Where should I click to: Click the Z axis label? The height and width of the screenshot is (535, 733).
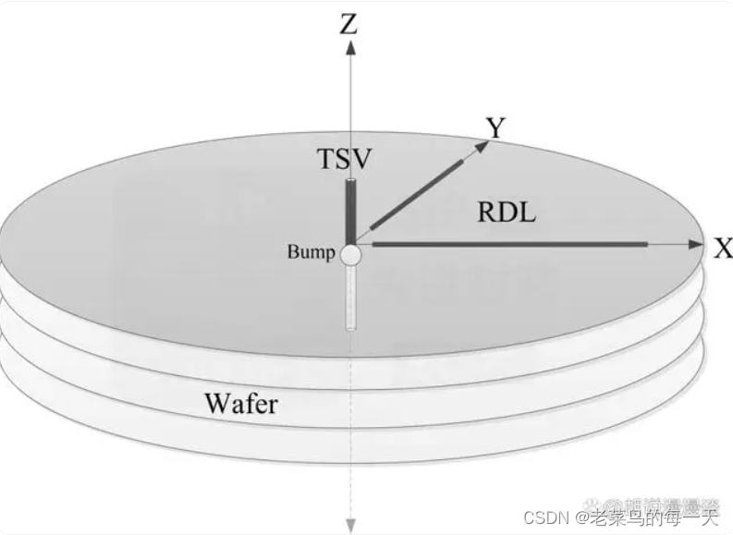point(348,22)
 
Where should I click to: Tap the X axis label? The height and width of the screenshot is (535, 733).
point(722,248)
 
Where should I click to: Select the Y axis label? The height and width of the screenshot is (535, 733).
point(496,128)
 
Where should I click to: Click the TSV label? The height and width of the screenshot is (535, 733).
point(345,158)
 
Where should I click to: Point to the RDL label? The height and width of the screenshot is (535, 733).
point(507,213)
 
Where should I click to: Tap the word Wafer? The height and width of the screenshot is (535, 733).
point(240,404)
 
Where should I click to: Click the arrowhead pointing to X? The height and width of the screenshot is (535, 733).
point(697,245)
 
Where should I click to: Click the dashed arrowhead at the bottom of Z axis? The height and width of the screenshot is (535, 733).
point(350,525)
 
